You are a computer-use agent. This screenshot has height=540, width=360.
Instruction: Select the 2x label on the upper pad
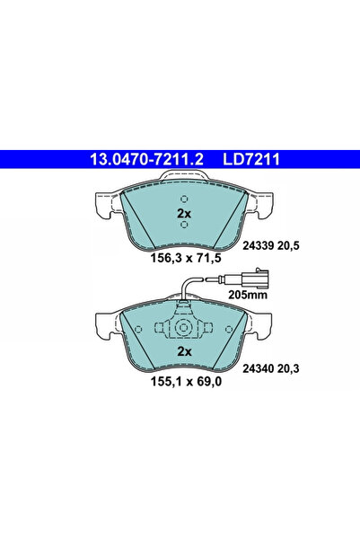(183, 214)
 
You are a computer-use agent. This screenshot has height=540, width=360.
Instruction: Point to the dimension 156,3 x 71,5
(183, 257)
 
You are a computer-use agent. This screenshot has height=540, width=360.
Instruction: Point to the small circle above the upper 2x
(183, 199)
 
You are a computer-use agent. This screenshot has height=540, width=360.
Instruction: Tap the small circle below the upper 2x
(183, 226)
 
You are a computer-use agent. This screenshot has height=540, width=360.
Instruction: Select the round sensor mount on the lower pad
(183, 328)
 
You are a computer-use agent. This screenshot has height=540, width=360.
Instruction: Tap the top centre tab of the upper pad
(183, 183)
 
